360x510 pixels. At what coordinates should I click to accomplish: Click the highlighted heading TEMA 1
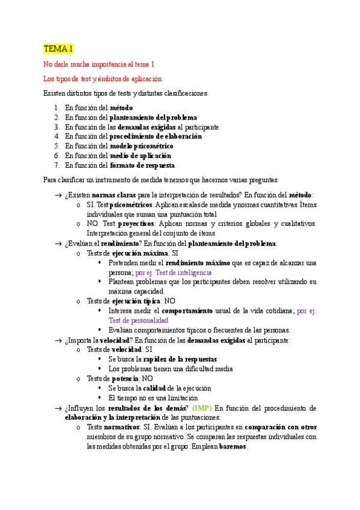point(58,49)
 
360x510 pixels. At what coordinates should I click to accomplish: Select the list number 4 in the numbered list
point(56,136)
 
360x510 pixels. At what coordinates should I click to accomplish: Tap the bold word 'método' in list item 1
point(121,108)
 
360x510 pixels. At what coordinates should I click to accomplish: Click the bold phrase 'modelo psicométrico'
point(141,146)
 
